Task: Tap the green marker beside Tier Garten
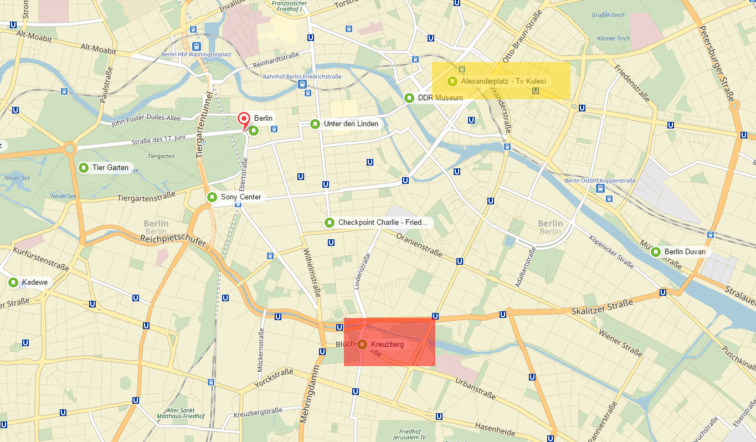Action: tap(84, 168)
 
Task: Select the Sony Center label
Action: tap(240, 197)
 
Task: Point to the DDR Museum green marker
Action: tap(409, 98)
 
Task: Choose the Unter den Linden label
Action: tap(351, 124)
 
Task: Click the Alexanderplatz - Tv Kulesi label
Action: tap(503, 81)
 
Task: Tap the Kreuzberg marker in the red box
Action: tap(362, 345)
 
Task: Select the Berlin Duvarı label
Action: tap(685, 252)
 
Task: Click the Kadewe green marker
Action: tap(13, 282)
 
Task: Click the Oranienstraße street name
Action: tap(419, 245)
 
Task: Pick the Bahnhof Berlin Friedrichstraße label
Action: tap(302, 76)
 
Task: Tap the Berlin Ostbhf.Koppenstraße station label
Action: tap(600, 181)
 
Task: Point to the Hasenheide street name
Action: tap(495, 427)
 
